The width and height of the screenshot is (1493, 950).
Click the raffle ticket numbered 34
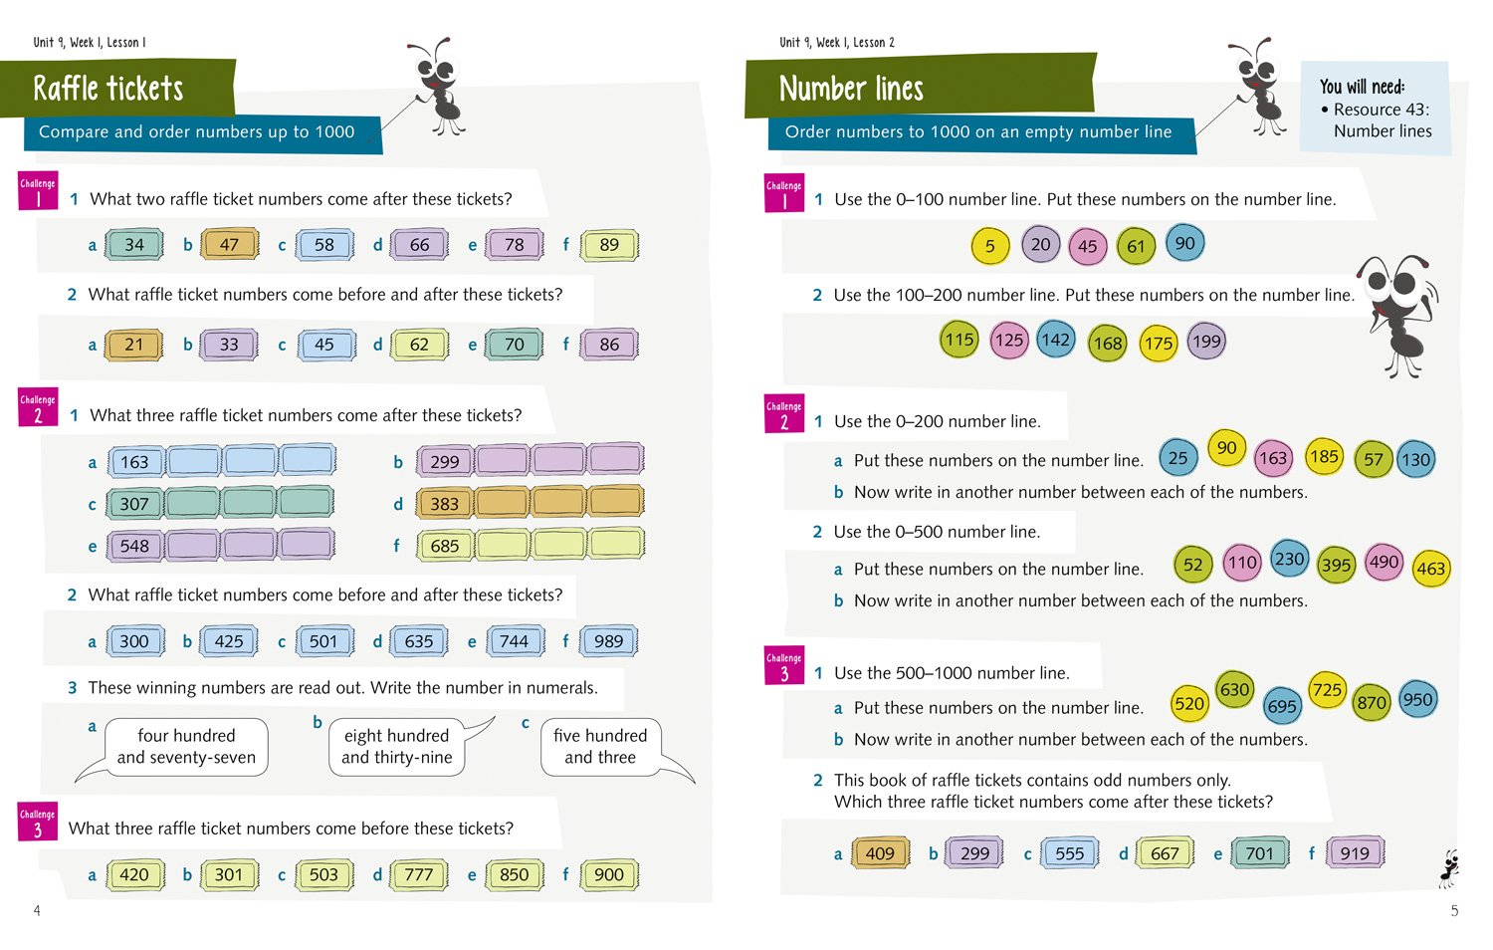click(134, 245)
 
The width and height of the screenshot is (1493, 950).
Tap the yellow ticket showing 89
click(609, 245)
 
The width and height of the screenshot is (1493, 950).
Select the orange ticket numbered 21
click(134, 345)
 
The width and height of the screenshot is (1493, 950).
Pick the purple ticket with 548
click(134, 546)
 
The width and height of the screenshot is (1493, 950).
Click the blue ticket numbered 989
click(608, 641)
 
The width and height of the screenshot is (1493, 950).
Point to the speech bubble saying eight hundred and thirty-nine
click(396, 747)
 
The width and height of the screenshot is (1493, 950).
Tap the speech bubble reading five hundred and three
click(600, 747)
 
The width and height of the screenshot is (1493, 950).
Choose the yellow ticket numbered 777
click(419, 874)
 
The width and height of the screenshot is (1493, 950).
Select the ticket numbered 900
click(608, 874)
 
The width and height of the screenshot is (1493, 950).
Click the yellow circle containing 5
click(989, 247)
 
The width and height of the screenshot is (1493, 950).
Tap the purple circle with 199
click(1205, 342)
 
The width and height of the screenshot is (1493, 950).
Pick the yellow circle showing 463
click(1430, 569)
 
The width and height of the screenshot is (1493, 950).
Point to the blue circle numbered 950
click(1417, 699)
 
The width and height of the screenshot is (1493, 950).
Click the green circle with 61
click(1136, 247)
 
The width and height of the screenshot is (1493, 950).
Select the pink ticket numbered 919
click(1355, 852)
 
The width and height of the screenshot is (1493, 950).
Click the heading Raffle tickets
click(108, 89)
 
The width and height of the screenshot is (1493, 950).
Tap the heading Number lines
click(851, 89)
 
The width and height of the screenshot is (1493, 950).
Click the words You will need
click(1362, 87)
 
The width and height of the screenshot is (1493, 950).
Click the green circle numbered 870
click(1372, 702)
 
